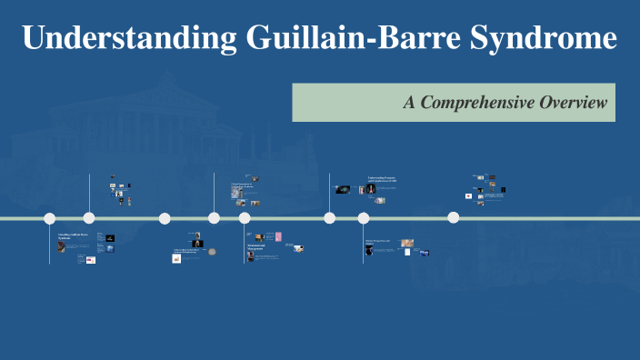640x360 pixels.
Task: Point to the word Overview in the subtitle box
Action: [572, 103]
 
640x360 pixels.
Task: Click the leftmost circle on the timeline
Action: [50, 218]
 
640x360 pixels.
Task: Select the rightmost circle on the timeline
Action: [454, 217]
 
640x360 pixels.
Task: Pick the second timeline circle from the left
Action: [89, 218]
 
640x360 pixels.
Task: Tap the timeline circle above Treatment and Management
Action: [245, 218]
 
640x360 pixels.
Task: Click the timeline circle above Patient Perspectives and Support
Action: [364, 218]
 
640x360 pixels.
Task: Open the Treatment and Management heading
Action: [259, 245]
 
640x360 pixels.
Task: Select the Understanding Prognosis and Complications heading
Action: [382, 180]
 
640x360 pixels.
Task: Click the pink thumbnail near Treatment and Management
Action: [278, 237]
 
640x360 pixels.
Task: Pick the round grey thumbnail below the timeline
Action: [212, 252]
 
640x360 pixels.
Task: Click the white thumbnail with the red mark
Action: [177, 258]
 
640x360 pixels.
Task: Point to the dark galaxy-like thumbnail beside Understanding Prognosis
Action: [343, 189]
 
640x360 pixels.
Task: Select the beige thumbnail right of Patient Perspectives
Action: [407, 243]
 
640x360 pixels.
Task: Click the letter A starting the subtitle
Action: [409, 103]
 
